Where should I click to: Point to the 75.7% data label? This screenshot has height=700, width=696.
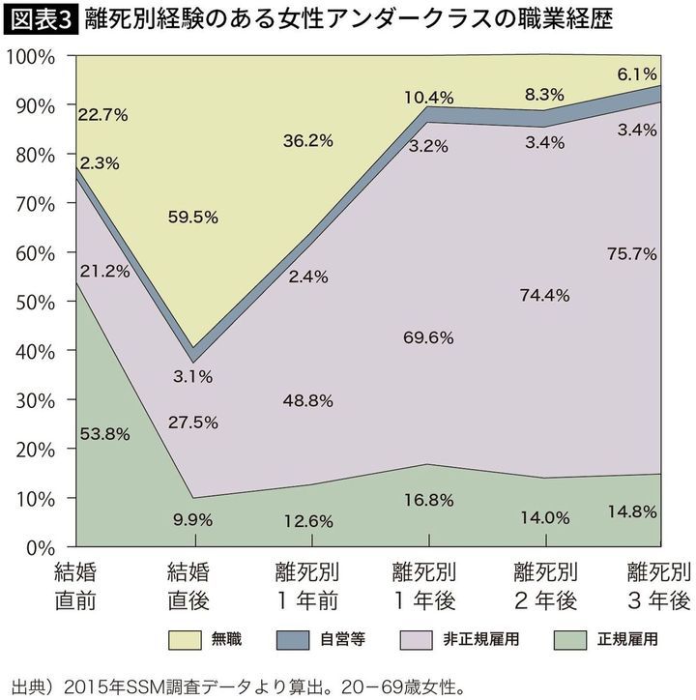(x=634, y=253)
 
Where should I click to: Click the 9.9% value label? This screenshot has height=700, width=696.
(x=194, y=518)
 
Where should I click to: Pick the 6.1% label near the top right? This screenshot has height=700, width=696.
(x=637, y=73)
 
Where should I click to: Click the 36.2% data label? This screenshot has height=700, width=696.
(x=308, y=139)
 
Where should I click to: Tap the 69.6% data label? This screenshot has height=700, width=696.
(x=429, y=337)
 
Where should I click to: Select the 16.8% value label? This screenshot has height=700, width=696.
(x=429, y=501)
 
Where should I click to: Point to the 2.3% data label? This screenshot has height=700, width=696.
(x=100, y=163)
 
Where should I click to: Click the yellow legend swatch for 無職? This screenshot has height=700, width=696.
(x=193, y=640)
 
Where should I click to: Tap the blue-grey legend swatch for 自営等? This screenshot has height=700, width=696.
(x=306, y=640)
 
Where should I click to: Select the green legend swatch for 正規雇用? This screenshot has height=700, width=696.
(x=563, y=640)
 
